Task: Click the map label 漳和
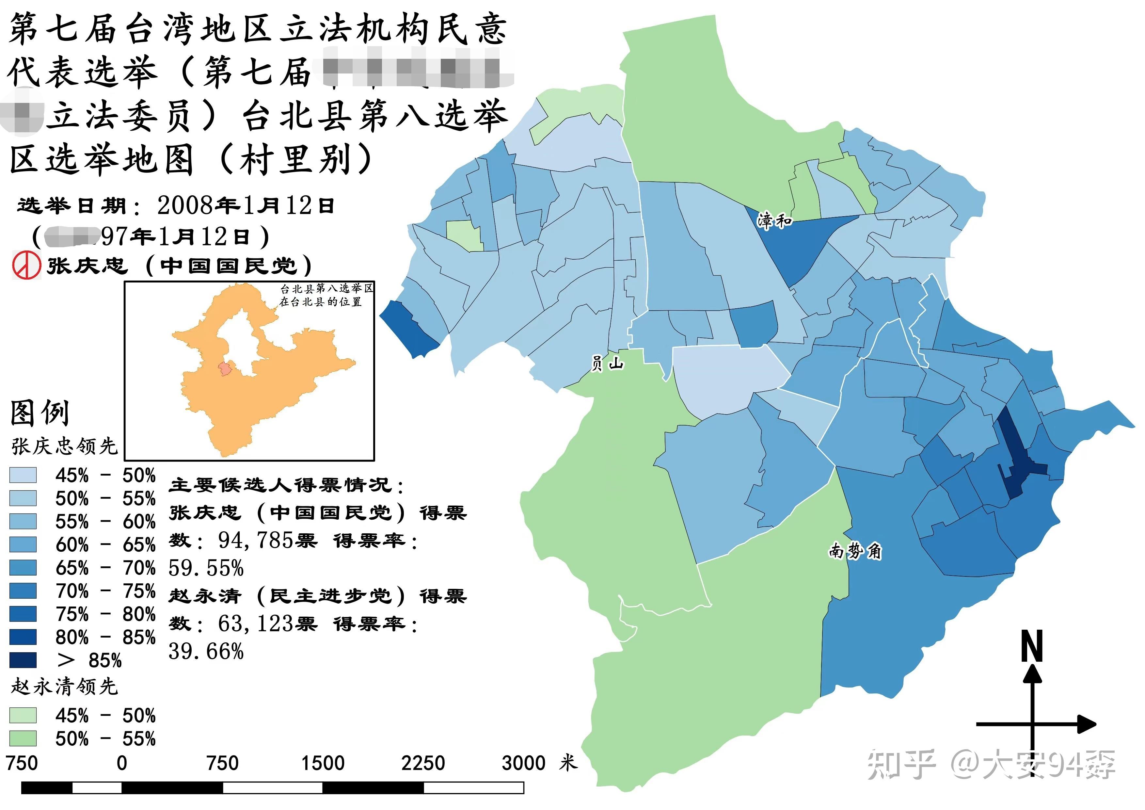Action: [774, 220]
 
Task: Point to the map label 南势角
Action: [855, 551]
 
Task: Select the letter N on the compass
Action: [1032, 646]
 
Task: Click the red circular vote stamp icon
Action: [26, 265]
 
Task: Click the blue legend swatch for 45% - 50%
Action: [23, 475]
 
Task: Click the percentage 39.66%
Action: [206, 651]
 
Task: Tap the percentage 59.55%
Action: [206, 568]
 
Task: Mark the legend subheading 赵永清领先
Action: [64, 687]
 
